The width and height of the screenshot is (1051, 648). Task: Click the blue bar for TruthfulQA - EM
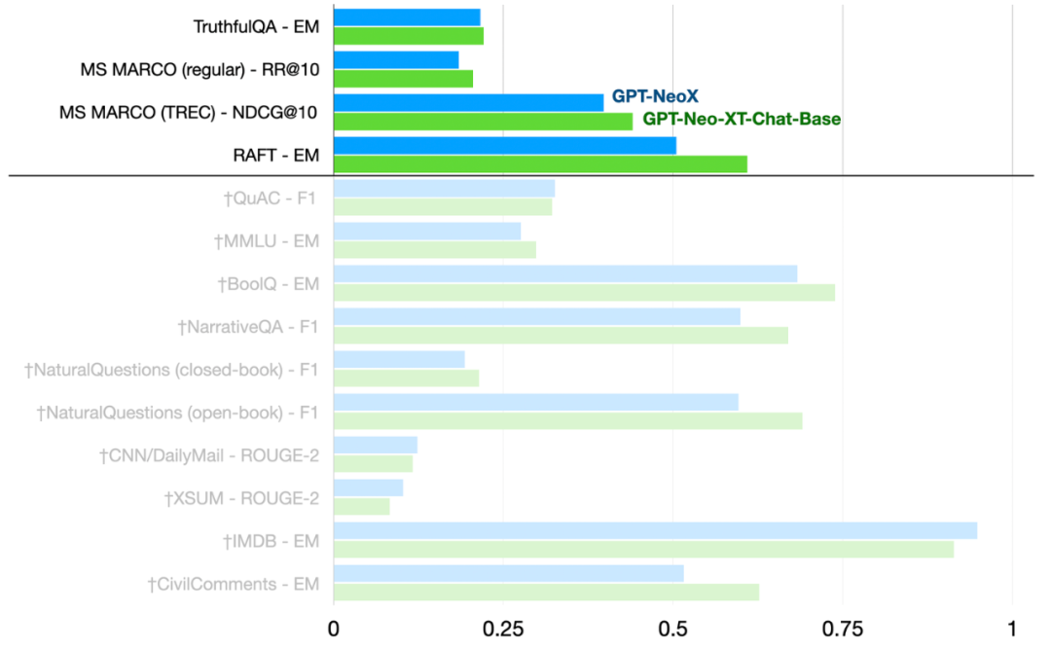pyautogui.click(x=407, y=17)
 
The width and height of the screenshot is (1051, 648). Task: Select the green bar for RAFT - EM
pyautogui.click(x=540, y=163)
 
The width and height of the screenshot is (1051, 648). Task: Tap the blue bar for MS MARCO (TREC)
pyautogui.click(x=468, y=102)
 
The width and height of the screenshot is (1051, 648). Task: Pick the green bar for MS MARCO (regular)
pyautogui.click(x=403, y=79)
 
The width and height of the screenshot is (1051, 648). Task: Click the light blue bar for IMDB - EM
pyautogui.click(x=655, y=530)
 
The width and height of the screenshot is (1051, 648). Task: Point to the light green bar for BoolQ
pyautogui.click(x=584, y=293)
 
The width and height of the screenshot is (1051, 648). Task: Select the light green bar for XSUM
pyautogui.click(x=361, y=506)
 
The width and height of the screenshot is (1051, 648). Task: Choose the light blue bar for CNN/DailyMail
pyautogui.click(x=376, y=445)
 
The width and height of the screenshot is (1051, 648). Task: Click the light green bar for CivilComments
pyautogui.click(x=546, y=592)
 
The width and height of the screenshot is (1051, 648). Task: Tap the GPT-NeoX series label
pyautogui.click(x=655, y=96)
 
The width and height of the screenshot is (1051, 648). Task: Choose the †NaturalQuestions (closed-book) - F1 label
pyautogui.click(x=171, y=370)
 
